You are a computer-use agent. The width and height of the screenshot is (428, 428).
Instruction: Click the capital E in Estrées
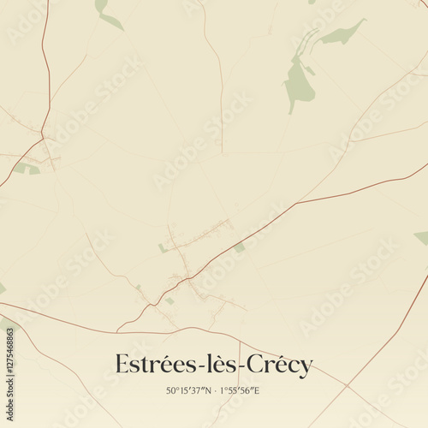(122, 365)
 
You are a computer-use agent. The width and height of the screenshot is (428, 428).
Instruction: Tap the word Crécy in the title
(281, 366)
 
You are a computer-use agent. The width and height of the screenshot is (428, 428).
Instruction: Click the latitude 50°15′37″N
(189, 391)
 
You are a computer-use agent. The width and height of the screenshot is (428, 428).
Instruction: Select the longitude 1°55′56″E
(241, 391)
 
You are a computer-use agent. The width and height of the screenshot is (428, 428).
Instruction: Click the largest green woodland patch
(298, 81)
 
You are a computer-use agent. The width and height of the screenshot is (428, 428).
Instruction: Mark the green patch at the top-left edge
(104, 12)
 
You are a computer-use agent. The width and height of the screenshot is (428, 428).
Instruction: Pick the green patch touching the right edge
(422, 237)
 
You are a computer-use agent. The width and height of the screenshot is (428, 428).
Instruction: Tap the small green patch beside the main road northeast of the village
(240, 247)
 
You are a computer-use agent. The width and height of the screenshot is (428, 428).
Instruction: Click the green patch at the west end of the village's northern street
(163, 248)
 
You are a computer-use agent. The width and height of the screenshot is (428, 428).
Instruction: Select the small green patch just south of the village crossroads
(169, 300)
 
